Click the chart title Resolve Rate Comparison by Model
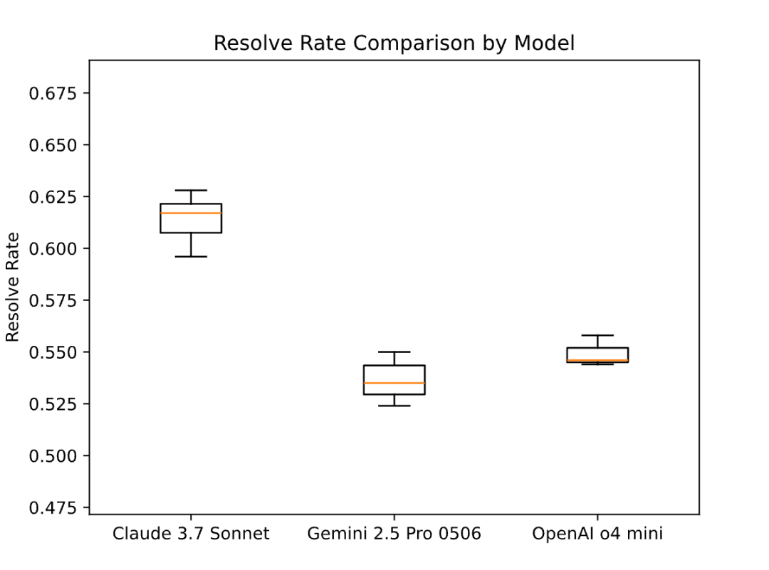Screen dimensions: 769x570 [x=394, y=43]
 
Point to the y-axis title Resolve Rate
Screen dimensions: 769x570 [x=12, y=287]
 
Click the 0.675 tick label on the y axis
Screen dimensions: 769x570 [x=53, y=93]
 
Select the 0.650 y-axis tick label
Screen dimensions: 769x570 [x=53, y=145]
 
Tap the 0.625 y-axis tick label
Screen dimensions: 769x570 [x=53, y=197]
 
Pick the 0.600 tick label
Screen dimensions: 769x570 [x=53, y=248]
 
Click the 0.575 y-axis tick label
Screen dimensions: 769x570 [x=53, y=300]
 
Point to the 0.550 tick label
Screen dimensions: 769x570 [x=53, y=352]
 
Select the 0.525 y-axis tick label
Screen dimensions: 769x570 [x=53, y=404]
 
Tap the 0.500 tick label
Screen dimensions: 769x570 [x=53, y=456]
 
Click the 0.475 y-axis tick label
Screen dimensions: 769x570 [x=53, y=508]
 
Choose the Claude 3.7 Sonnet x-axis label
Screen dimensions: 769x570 [x=191, y=533]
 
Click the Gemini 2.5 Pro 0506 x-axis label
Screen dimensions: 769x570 [x=394, y=533]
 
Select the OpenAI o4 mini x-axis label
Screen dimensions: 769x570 [x=597, y=533]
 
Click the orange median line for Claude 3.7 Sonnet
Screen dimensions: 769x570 [x=191, y=213]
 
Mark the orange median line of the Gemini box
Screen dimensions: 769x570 [x=394, y=383]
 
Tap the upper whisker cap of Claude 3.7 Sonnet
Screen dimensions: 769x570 [x=191, y=190]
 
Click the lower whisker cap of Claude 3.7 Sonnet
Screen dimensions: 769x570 [x=191, y=256]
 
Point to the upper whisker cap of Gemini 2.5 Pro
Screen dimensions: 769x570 [x=394, y=352]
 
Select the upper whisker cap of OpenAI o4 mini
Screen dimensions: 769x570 [x=597, y=335]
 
